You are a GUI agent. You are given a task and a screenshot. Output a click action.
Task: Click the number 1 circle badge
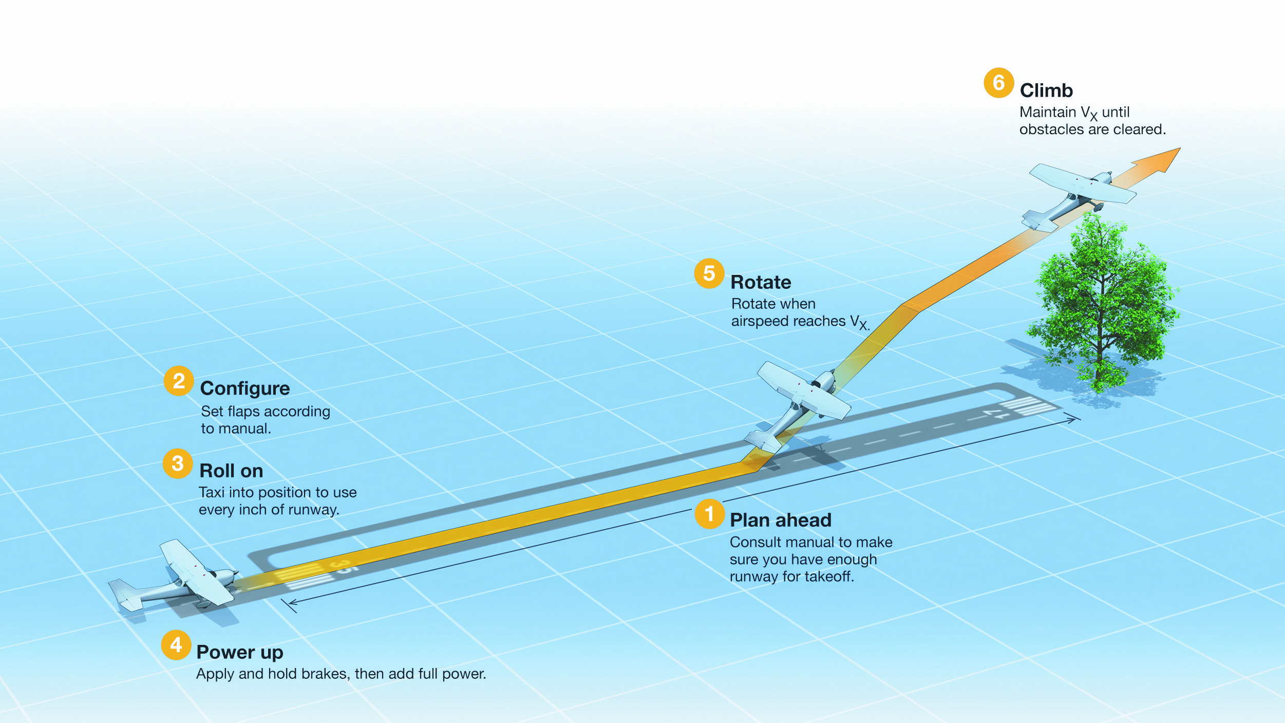709,513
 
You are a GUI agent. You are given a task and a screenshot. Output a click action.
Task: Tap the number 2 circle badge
178,381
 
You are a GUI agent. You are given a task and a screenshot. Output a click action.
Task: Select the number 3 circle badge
178,464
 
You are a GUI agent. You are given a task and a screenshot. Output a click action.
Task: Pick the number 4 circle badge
176,644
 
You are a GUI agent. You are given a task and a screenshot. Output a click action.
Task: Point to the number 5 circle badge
709,273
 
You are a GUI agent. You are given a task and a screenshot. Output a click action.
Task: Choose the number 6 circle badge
998,83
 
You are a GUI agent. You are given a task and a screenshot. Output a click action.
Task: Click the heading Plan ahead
780,520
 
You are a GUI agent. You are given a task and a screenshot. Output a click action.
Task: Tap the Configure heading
245,388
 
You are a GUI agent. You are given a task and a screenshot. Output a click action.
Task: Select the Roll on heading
231,471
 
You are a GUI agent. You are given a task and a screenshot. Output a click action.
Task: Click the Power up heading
240,652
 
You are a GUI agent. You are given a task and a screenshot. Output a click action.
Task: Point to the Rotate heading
761,282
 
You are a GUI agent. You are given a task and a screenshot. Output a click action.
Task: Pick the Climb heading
1046,90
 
